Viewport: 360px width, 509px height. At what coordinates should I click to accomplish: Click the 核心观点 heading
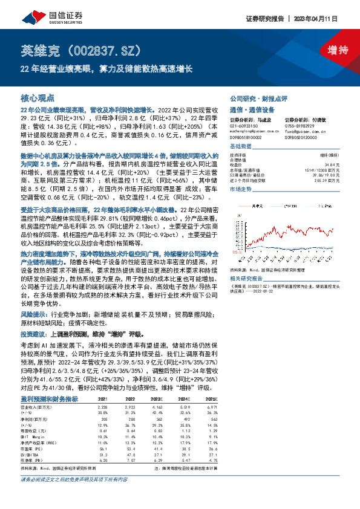(x=38, y=97)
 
